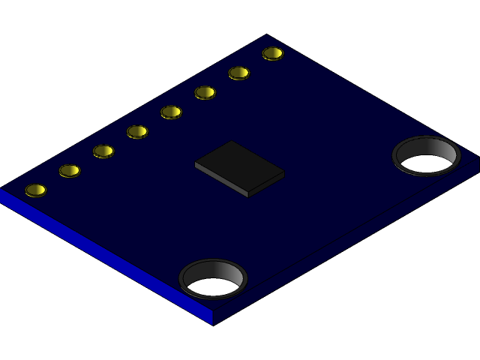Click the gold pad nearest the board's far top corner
[273, 53]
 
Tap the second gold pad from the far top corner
[238, 73]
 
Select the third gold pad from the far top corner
[205, 92]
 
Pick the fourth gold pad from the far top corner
[171, 112]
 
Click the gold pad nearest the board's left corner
[35, 190]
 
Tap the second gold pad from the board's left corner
[69, 170]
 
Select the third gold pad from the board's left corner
[103, 151]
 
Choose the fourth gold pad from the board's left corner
[137, 131]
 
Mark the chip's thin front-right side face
[267, 185]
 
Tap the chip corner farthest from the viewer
[232, 141]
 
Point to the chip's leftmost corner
[195, 163]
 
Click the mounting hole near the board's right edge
[426, 156]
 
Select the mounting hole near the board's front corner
[213, 279]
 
